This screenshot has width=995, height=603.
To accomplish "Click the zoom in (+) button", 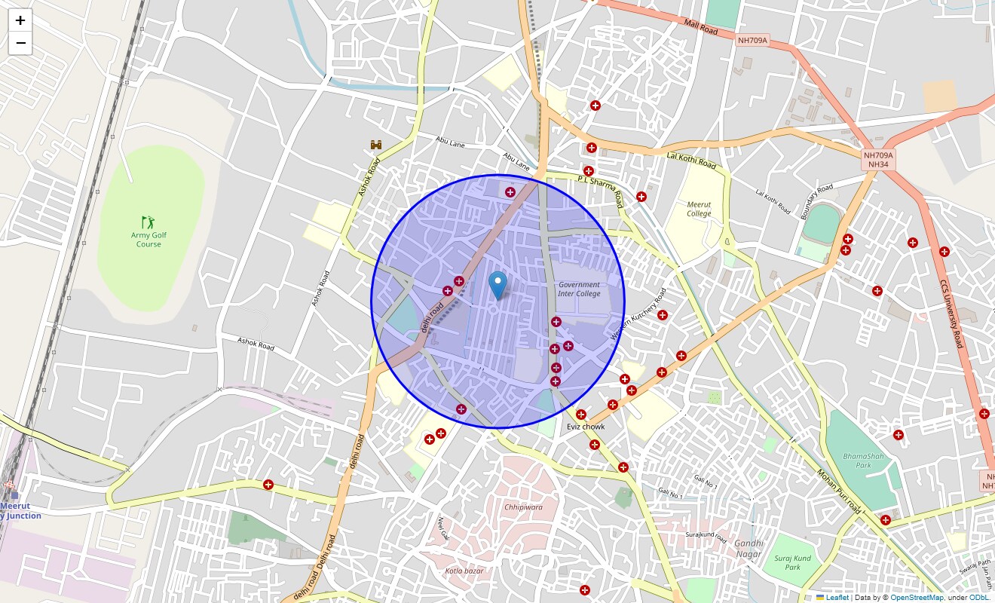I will pos(20,20).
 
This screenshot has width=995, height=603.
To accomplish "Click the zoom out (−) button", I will pos(20,44).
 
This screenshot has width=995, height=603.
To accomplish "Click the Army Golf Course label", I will pos(148,240).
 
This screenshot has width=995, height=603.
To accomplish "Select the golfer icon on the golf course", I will pos(148,222).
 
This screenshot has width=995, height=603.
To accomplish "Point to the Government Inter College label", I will pos(579,289).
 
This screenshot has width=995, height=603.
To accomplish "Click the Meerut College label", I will pos(699,209).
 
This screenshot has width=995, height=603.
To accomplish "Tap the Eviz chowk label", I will pos(586,427).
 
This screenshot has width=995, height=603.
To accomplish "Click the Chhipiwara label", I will pos(523,507).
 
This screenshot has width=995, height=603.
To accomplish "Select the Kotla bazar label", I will pos(464,571).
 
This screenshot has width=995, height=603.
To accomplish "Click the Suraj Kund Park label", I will pos(792,562).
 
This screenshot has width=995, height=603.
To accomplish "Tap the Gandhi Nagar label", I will pos(749,549).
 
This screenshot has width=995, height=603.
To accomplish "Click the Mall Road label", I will pos(701,27).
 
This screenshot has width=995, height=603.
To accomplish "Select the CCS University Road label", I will pos(951,314).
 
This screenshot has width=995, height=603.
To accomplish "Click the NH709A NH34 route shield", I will pos(878,159).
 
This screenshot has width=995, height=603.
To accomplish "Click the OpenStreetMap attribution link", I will pos(917,598).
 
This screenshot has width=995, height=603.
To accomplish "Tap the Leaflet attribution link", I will pos(837,598).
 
